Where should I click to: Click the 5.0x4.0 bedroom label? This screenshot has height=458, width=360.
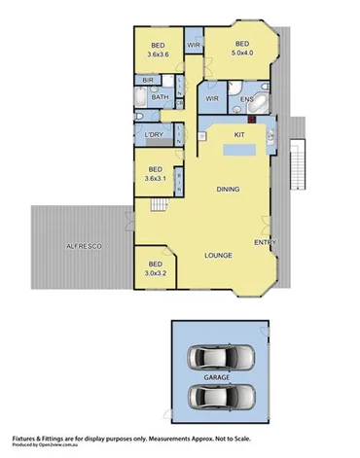tap(241, 48)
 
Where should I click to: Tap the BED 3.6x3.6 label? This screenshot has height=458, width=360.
tap(158, 50)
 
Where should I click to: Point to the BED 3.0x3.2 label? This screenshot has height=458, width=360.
tap(156, 269)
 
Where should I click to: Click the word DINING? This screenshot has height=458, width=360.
tap(229, 189)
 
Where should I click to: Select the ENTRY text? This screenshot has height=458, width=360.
tap(265, 241)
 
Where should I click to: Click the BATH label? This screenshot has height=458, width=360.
tap(160, 97)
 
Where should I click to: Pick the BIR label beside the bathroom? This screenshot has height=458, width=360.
tap(148, 80)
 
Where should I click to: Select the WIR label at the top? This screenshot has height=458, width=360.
tap(194, 45)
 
